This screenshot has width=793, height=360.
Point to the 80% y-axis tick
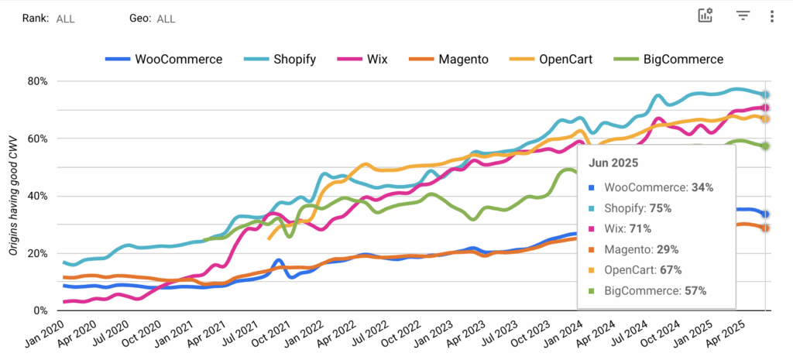pyautogui.click(x=37, y=81)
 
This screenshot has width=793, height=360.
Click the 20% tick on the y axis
pyautogui.click(x=37, y=253)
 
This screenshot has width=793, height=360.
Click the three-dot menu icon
pyautogui.click(x=771, y=16)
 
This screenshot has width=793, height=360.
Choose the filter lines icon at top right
pyautogui.click(x=743, y=16)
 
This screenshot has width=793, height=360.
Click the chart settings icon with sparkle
pyautogui.click(x=705, y=16)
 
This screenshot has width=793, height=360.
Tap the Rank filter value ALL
pyautogui.click(x=65, y=19)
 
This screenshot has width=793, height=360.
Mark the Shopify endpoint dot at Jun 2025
pyautogui.click(x=765, y=94)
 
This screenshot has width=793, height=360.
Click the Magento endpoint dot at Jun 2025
pyautogui.click(x=765, y=228)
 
